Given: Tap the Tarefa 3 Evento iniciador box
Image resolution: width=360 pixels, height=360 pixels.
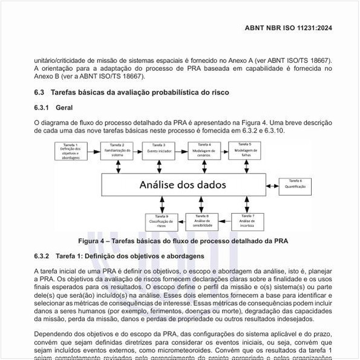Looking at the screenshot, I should [x=159, y=149].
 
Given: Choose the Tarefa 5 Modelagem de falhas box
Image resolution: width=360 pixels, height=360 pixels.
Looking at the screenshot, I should [x=247, y=149].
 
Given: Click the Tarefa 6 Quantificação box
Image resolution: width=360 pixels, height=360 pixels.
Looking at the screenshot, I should [x=295, y=184].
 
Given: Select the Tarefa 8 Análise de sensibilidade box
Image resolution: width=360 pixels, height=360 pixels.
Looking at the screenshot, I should [x=201, y=221].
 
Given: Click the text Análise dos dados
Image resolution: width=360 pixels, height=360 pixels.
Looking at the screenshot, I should [x=175, y=185].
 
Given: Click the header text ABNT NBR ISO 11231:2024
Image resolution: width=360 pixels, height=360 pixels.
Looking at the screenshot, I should [x=288, y=28].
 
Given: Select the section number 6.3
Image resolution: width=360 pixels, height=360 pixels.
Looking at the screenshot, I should [x=39, y=93].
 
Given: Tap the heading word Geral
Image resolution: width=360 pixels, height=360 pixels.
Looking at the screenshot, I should [x=64, y=108].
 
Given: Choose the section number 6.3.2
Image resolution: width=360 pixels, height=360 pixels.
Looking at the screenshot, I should [x=42, y=257].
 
